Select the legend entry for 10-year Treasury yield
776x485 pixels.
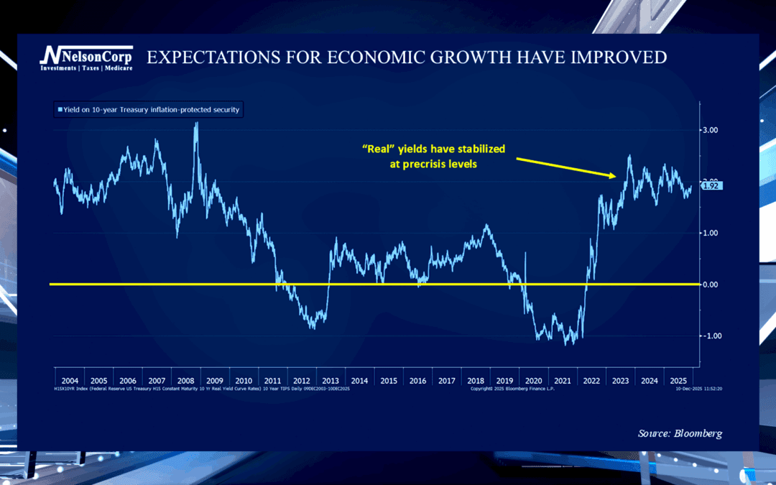click(x=147, y=110)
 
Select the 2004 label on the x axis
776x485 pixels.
click(x=70, y=380)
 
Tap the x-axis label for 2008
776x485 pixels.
click(x=186, y=380)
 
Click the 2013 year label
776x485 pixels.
click(x=331, y=380)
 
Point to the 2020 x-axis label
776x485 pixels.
click(x=533, y=380)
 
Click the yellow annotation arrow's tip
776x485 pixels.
click(x=615, y=176)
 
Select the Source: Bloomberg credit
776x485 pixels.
click(x=680, y=433)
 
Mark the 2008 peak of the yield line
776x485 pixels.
click(x=196, y=124)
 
